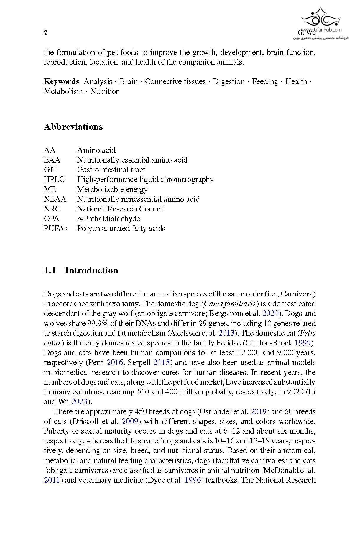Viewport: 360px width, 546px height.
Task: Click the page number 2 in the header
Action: (46, 33)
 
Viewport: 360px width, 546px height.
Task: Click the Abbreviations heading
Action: (73, 127)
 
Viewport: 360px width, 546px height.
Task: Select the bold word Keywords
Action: (61, 82)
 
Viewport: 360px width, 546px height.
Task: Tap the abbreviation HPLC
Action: (54, 179)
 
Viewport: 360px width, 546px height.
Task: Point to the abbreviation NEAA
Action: (55, 199)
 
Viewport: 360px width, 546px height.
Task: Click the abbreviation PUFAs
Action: (56, 228)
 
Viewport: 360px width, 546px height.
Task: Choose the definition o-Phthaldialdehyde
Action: (109, 219)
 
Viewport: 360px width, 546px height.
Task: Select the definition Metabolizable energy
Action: (112, 189)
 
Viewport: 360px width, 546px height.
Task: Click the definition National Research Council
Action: (121, 209)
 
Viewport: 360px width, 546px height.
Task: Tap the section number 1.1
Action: (50, 270)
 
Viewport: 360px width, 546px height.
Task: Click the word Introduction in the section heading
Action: (92, 270)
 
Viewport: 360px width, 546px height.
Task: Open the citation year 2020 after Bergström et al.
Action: (270, 314)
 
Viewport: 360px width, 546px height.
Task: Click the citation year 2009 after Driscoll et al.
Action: (130, 421)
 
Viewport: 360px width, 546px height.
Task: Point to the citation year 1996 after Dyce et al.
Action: (193, 480)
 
